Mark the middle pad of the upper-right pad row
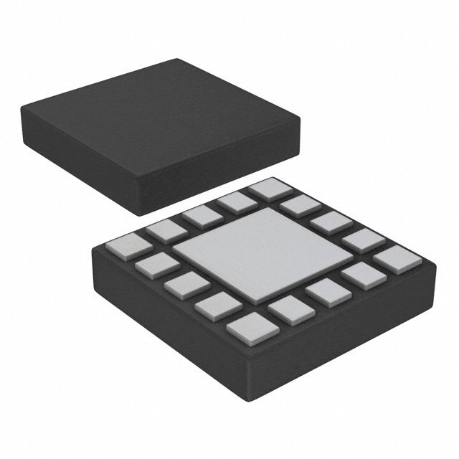click(331, 222)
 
